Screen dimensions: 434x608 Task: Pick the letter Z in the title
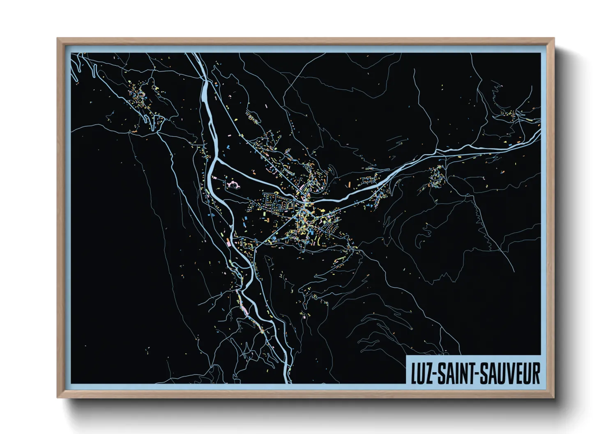[x=427, y=373]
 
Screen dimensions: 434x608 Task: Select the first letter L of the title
[x=414, y=373]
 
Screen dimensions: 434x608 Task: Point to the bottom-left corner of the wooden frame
[x=58, y=397]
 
